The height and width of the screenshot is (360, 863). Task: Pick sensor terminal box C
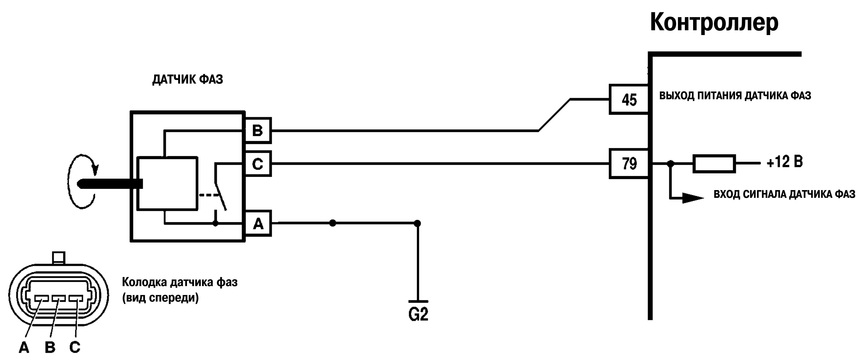coord(258,163)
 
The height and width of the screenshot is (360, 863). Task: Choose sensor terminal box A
coord(258,223)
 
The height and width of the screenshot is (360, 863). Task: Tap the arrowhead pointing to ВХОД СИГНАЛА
coord(693,198)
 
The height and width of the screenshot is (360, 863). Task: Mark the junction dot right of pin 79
coord(670,164)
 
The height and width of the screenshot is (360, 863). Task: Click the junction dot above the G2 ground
coord(417,223)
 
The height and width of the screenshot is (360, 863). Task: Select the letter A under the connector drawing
coord(24,348)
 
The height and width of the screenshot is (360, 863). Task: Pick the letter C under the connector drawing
coord(75,347)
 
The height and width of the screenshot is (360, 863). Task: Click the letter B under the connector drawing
coord(50,348)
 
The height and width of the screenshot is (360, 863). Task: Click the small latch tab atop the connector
coord(59,258)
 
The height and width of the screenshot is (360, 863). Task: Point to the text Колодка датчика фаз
coord(179,282)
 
